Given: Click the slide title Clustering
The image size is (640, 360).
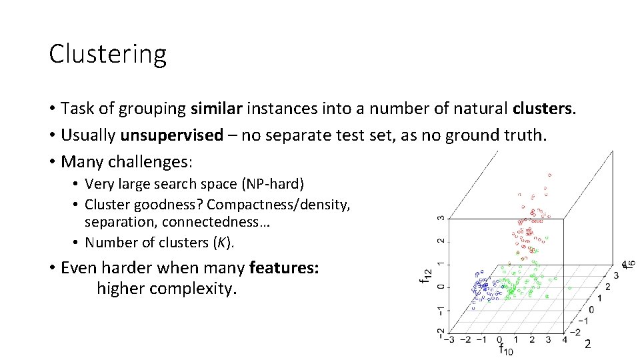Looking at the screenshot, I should [x=107, y=54].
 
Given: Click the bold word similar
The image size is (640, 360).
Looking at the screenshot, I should [x=217, y=108].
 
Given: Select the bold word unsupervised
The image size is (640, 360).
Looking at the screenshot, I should [x=171, y=135].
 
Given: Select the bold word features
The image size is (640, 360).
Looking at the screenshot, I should [x=283, y=268].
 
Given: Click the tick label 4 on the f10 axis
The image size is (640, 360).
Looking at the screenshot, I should [x=565, y=339].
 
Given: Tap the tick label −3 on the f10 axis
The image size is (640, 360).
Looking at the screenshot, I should [x=450, y=340].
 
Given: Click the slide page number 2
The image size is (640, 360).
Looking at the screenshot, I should [x=587, y=345].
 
